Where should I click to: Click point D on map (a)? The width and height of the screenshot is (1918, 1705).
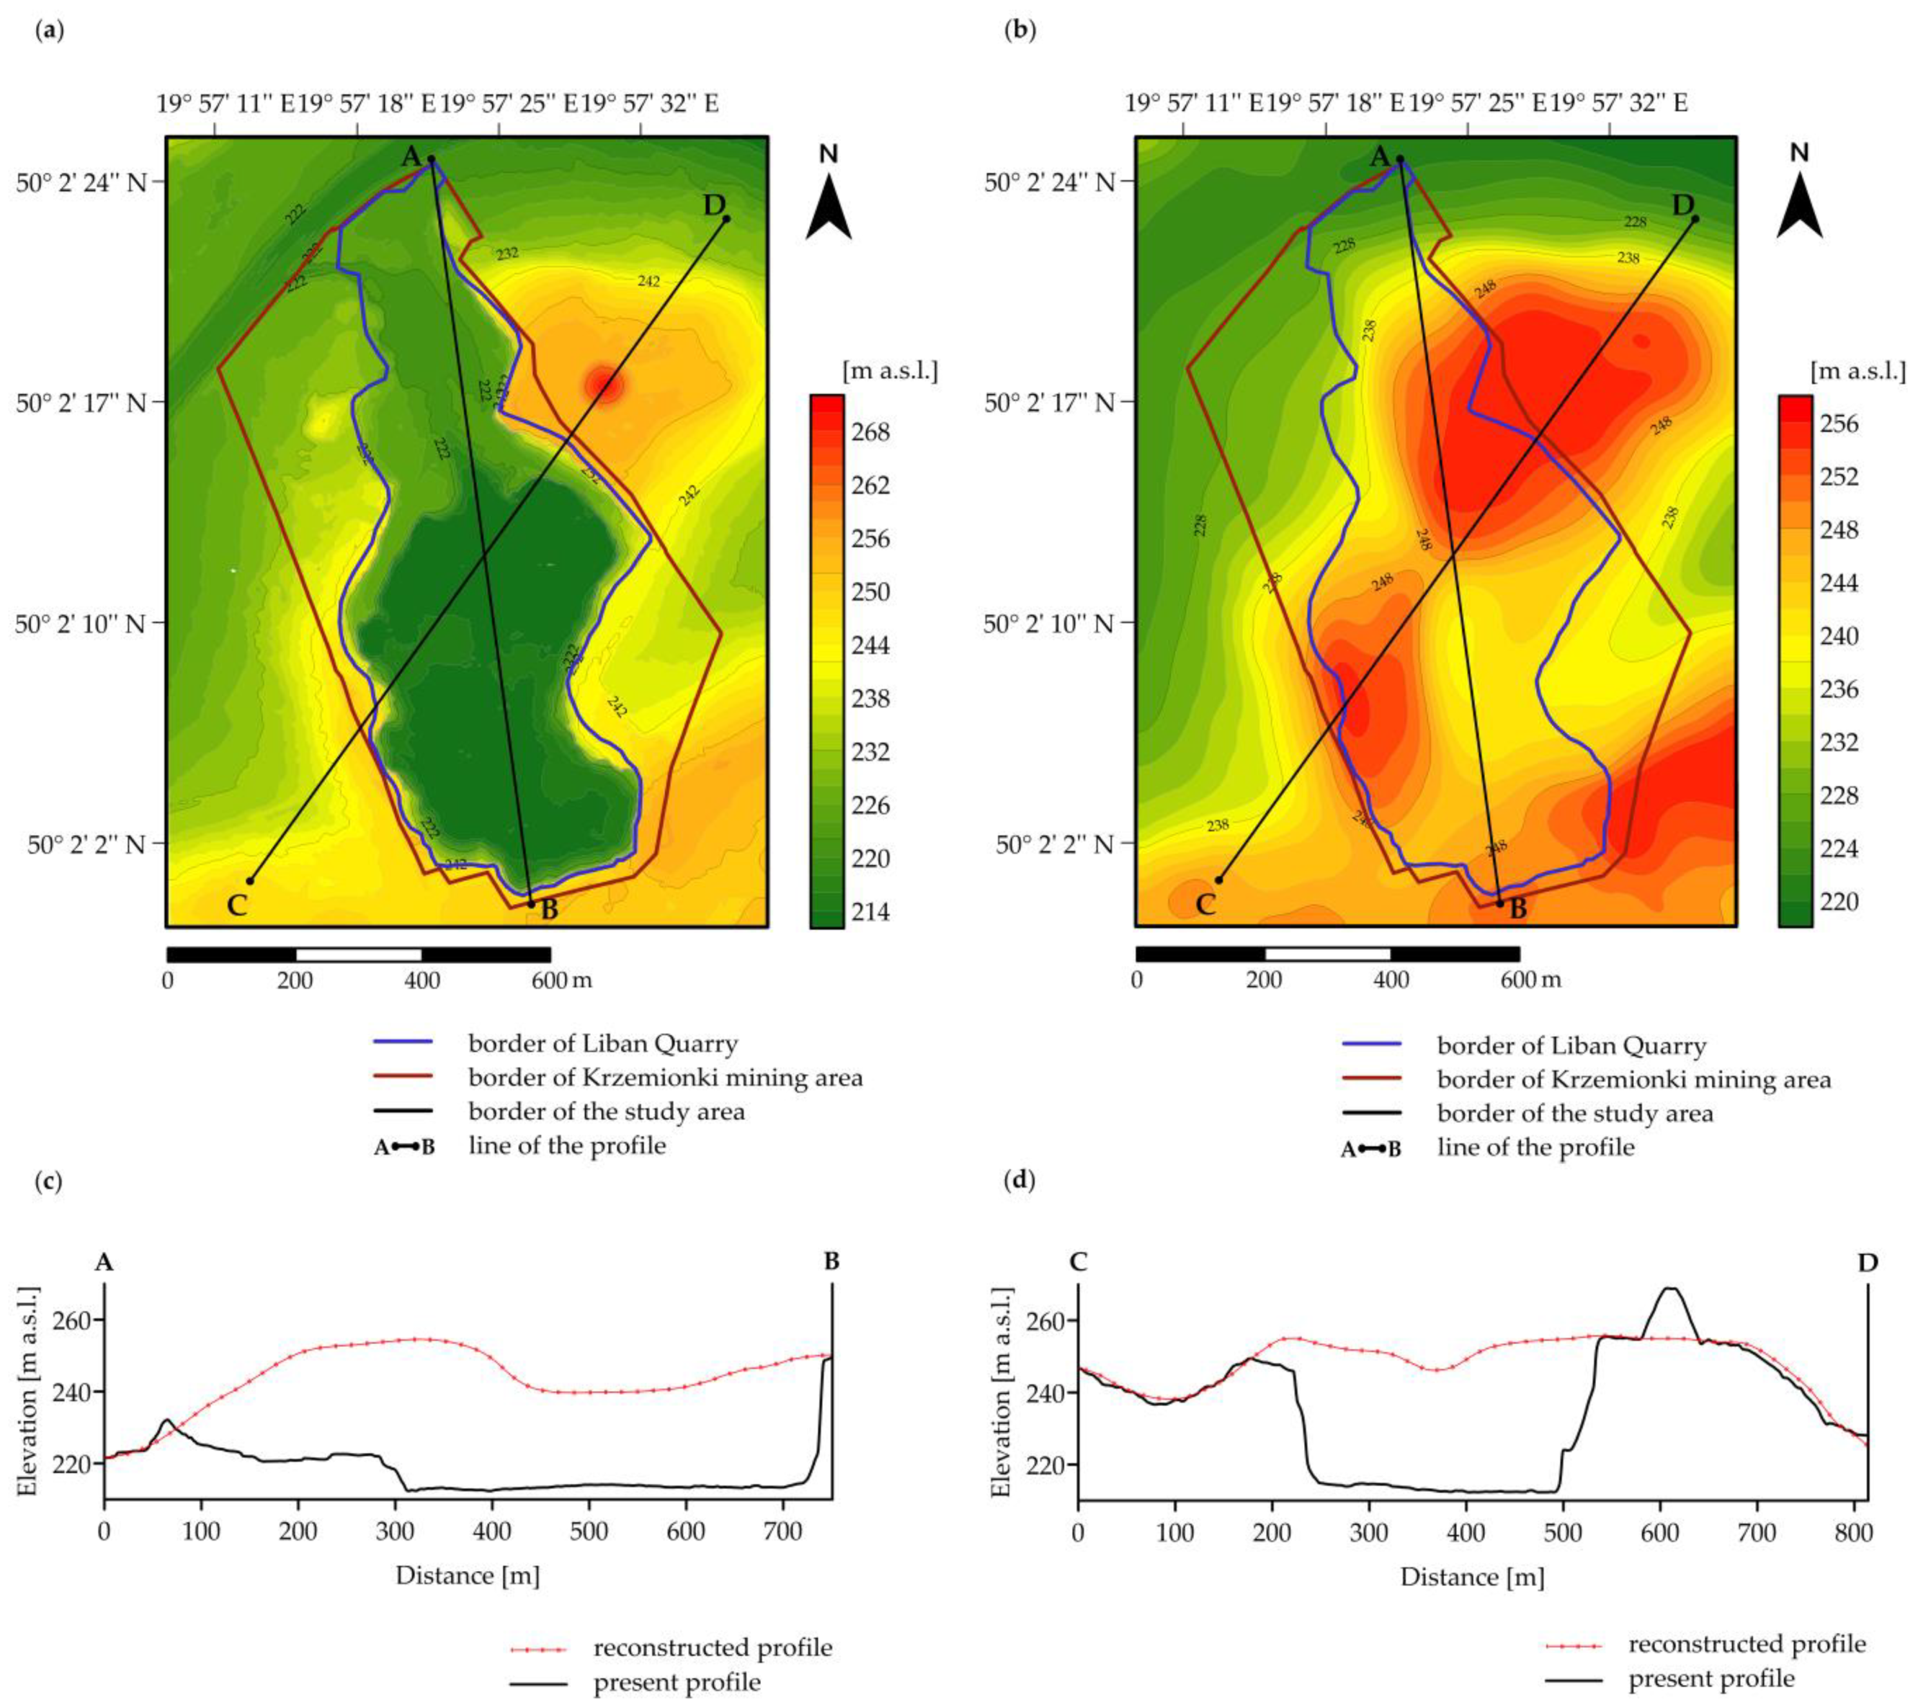726,218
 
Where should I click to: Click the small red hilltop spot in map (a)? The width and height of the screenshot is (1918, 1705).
604,384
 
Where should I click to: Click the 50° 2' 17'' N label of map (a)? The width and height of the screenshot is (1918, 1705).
82,403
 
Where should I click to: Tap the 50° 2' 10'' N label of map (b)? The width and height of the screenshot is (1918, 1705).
1049,622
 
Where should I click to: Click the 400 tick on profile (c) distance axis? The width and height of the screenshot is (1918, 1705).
492,1532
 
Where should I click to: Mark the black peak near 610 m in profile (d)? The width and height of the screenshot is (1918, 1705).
1669,1288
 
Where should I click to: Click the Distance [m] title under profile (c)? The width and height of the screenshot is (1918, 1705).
467,1575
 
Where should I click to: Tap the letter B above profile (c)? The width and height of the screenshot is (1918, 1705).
831,1262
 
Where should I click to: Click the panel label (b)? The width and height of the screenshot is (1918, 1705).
1019,30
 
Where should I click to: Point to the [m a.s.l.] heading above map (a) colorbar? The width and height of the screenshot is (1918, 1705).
890,371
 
